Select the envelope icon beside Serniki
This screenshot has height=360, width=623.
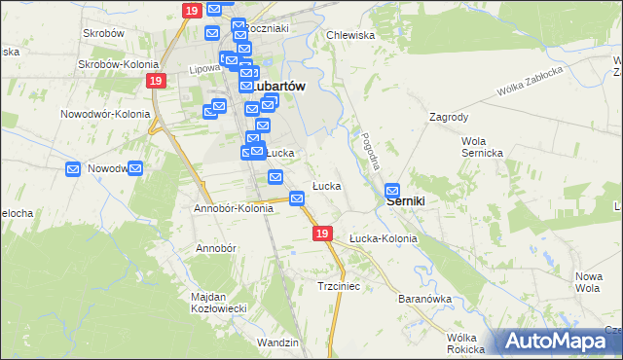click(393, 191)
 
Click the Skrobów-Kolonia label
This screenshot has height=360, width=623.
click(113, 65)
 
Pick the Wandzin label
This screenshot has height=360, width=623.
click(277, 342)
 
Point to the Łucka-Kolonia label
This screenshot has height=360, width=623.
click(383, 238)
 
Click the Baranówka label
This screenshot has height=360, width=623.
click(421, 298)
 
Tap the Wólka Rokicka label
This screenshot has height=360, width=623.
click(466, 343)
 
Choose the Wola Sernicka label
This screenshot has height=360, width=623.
click(481, 147)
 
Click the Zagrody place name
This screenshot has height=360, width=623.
click(450, 117)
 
